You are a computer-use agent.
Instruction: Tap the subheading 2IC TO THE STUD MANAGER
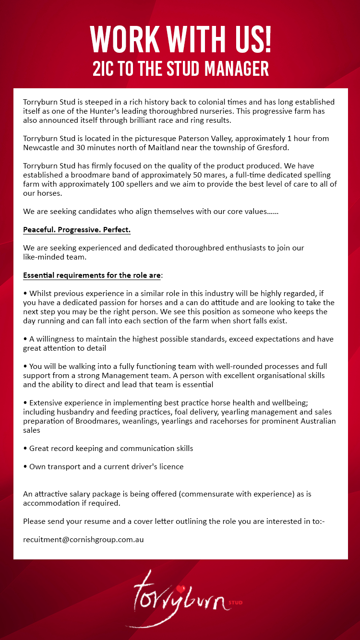pos(180,69)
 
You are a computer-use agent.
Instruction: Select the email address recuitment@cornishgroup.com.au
pos(84,539)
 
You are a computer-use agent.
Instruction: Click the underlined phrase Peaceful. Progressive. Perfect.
pos(77,230)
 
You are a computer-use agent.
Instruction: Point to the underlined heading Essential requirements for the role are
pos(92,275)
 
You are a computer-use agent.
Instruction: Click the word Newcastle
pos(41,147)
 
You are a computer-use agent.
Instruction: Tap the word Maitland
pos(166,147)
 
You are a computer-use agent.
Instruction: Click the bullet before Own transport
pos(25,467)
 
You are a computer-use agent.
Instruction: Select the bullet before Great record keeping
pos(25,449)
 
